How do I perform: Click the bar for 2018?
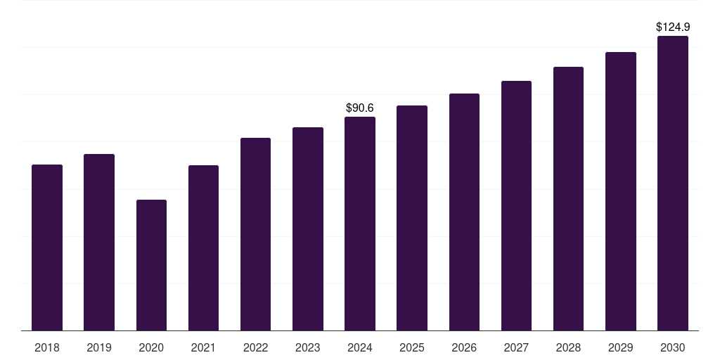pyautogui.click(x=47, y=247)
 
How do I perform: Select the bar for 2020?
pyautogui.click(x=151, y=265)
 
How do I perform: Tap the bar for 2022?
pyautogui.click(x=255, y=234)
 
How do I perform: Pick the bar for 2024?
pyautogui.click(x=360, y=224)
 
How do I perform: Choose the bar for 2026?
pyautogui.click(x=464, y=212)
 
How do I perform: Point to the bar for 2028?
pyautogui.click(x=568, y=198)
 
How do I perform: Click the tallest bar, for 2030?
pyautogui.click(x=673, y=183)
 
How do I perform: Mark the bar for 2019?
pyautogui.click(x=99, y=242)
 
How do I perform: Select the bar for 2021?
pyautogui.click(x=203, y=247)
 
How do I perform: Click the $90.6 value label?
pyautogui.click(x=360, y=108)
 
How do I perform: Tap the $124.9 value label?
pyautogui.click(x=673, y=27)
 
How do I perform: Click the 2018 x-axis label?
pyautogui.click(x=47, y=347)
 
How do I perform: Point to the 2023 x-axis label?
pyautogui.click(x=308, y=347)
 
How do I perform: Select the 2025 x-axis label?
pyautogui.click(x=412, y=347)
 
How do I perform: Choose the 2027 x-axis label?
pyautogui.click(x=516, y=347)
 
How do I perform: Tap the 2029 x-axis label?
pyautogui.click(x=621, y=347)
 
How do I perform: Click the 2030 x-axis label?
pyautogui.click(x=673, y=347)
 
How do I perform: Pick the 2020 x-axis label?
pyautogui.click(x=151, y=347)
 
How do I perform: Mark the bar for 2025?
pyautogui.click(x=412, y=218)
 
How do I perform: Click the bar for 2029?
pyautogui.click(x=621, y=191)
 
